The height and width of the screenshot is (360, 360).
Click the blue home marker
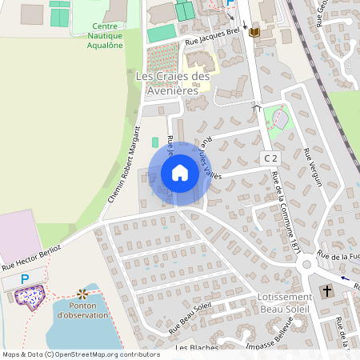coord(180,173)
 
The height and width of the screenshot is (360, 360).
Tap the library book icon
coord(254,32)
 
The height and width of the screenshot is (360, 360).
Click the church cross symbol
coord(326,292)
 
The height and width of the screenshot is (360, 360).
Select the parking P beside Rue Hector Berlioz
coord(25,278)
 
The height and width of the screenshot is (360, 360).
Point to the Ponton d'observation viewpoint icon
coord(82,294)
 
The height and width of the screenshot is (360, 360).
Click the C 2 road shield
coord(271,160)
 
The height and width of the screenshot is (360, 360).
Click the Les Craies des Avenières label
coord(173,83)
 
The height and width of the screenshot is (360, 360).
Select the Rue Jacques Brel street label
coord(212,38)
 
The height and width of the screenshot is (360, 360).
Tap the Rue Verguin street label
coord(313,168)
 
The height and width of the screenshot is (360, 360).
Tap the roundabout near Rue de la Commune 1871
coord(305,265)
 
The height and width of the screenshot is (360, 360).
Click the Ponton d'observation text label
coord(82,310)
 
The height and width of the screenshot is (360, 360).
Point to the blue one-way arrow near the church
coord(345,278)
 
